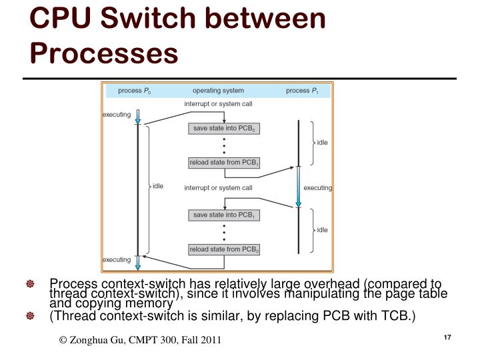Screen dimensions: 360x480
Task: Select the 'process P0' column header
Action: (133, 91)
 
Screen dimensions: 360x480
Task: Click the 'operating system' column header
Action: (218, 91)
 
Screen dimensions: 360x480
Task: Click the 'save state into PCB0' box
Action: (225, 129)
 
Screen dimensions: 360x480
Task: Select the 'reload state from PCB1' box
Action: (225, 163)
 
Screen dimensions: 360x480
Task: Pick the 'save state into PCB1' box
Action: (225, 215)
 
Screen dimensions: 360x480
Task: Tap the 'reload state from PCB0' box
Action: (225, 249)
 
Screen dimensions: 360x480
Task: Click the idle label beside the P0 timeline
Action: (158, 186)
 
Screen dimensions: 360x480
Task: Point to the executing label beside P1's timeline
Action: (317, 188)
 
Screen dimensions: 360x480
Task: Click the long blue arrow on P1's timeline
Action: (299, 187)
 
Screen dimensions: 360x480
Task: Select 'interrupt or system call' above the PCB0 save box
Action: (218, 104)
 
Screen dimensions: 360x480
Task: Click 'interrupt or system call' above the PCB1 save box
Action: (218, 188)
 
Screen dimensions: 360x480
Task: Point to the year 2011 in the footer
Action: (209, 341)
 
